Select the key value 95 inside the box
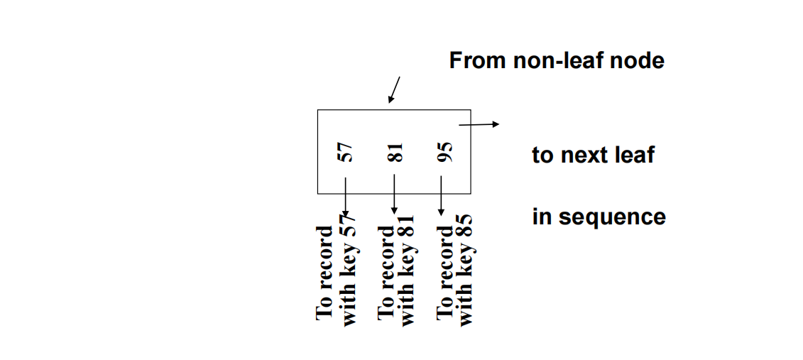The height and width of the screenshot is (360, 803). pyautogui.click(x=444, y=152)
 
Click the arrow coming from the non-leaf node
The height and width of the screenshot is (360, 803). pyautogui.click(x=394, y=89)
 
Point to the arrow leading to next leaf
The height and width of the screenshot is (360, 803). pyautogui.click(x=479, y=125)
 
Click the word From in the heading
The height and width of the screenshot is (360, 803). pyautogui.click(x=477, y=60)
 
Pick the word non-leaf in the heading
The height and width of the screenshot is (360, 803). pyautogui.click(x=562, y=60)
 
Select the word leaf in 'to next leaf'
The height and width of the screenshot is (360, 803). pyautogui.click(x=635, y=155)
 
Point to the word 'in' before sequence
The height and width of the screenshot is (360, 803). pyautogui.click(x=540, y=217)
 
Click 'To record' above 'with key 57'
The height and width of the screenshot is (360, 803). pyautogui.click(x=324, y=272)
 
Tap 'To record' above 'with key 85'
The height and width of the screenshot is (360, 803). pyautogui.click(x=444, y=272)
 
